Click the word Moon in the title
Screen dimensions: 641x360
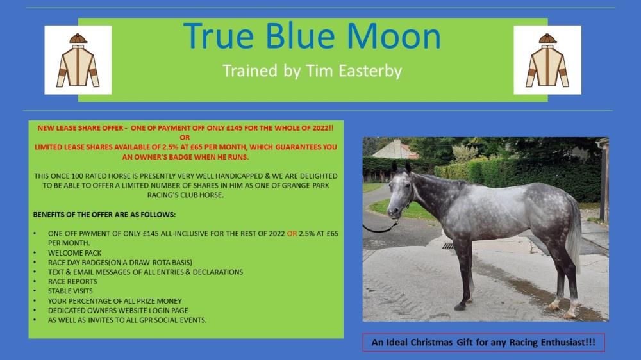pos(394,37)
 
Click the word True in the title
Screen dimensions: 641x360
pos(219,37)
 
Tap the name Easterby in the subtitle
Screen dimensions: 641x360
pos(370,71)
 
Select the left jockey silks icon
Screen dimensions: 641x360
pos(78,60)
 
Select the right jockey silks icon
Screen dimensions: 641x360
pos(547,60)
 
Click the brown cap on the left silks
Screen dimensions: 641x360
pos(78,38)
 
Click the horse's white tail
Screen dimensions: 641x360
pos(575,233)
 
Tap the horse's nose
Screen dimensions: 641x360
pos(392,211)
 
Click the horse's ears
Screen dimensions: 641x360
pos(401,167)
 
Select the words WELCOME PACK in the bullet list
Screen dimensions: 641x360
pos(74,253)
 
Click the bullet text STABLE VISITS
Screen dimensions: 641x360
pos(71,291)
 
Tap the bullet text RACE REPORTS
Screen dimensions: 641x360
pos(72,282)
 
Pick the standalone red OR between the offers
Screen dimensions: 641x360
pos(185,138)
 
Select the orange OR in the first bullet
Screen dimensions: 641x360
pos(292,234)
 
